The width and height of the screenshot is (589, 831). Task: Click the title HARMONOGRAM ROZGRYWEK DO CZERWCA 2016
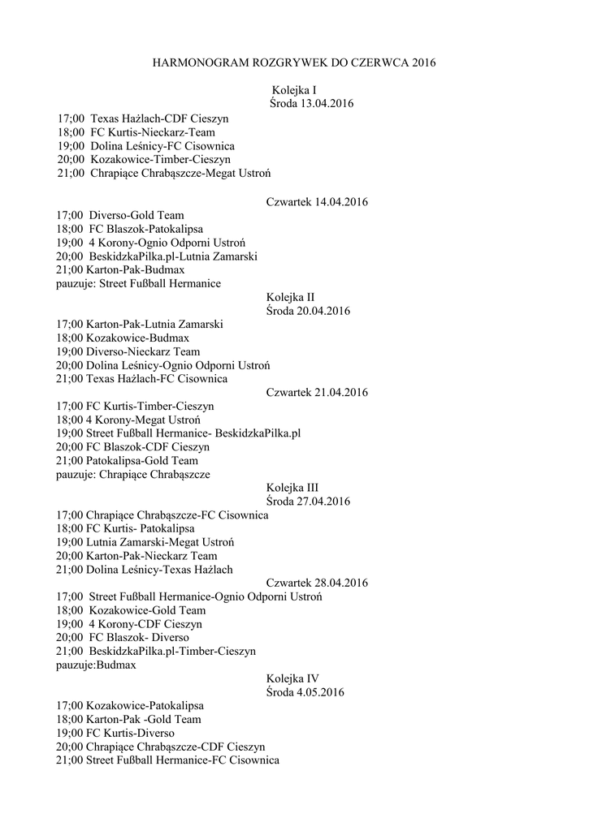295,62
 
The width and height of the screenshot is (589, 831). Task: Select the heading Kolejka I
293,90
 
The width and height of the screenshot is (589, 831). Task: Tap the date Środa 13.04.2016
310,104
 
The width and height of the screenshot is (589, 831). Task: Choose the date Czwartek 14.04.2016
317,201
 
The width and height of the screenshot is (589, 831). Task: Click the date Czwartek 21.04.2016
317,392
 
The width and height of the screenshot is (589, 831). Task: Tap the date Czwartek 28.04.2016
317,583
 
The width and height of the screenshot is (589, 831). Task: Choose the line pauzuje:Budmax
96,665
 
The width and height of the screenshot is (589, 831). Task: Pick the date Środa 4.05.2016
305,692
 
